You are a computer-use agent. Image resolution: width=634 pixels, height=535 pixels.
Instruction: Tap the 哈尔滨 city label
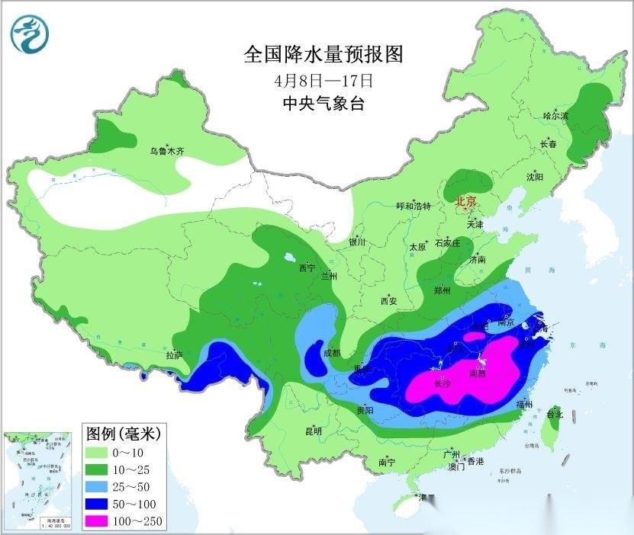click(555, 116)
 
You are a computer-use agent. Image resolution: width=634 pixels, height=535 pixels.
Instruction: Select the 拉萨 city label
click(174, 354)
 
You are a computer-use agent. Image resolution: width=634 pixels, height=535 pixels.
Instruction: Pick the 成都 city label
click(332, 353)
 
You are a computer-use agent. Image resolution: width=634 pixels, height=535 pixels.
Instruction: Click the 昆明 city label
click(314, 431)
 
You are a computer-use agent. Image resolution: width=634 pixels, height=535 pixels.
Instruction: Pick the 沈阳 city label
click(534, 177)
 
